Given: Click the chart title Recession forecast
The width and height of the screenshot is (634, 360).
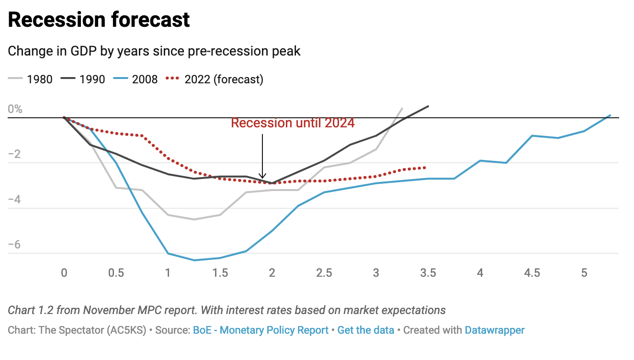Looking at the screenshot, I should (x=99, y=20).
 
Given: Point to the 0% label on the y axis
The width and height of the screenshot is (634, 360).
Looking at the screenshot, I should (x=15, y=109).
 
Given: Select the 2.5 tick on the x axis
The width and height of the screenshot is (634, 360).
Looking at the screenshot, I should (x=324, y=273).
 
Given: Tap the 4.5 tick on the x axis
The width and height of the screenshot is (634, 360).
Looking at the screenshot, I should (x=532, y=273).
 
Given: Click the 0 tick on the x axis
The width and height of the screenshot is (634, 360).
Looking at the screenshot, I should (x=64, y=273).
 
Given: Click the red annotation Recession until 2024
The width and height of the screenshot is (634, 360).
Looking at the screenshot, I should (x=293, y=123).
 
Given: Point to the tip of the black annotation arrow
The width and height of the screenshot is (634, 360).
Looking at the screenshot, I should (x=262, y=178).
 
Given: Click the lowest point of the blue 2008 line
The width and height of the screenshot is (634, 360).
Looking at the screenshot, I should (x=194, y=260).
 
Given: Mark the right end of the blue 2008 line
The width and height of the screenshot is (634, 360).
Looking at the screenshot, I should (x=610, y=115).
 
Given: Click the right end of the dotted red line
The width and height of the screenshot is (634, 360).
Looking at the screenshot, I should (x=425, y=168).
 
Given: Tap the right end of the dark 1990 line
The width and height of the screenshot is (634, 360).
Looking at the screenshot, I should (x=428, y=106).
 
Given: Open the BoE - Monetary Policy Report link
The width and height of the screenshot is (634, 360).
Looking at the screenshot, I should (x=260, y=330).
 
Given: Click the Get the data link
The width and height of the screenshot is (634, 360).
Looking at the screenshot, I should (x=366, y=330).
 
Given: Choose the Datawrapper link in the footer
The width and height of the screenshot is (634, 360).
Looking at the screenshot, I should (x=495, y=330).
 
